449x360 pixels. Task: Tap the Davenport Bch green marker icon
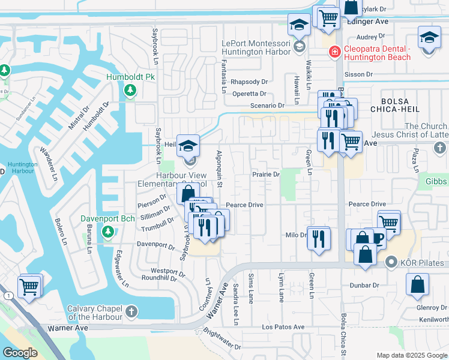(x=108, y=232)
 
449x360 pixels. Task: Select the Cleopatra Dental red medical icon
(x=334, y=53)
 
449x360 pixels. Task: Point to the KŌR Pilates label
(x=423, y=262)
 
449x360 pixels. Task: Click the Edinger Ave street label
(x=368, y=22)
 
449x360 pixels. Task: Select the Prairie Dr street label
(x=266, y=175)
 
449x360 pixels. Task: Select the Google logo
(x=20, y=353)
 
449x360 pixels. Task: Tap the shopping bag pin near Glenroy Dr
(x=417, y=285)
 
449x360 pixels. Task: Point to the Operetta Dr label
(x=249, y=94)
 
